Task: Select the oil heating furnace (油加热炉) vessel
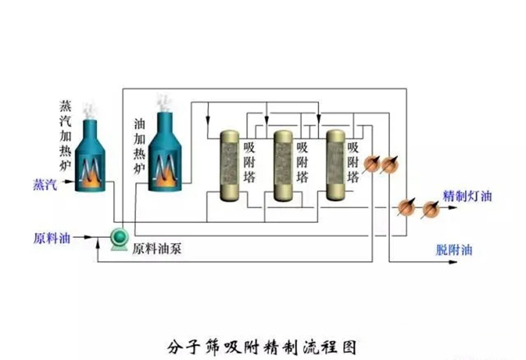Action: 165,152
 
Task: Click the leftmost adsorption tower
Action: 229,166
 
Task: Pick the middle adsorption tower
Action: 283,166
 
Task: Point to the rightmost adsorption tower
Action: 336,165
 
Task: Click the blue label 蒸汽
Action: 45,185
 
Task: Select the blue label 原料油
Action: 51,238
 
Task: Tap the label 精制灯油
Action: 468,196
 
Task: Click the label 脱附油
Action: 454,250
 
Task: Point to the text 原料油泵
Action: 157,249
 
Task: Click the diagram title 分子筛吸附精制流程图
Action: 262,347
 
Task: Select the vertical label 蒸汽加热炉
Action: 65,135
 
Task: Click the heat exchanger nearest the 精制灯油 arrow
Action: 431,209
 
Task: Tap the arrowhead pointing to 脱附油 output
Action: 453,262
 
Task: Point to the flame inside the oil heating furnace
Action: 165,178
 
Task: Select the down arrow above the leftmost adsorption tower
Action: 208,119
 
